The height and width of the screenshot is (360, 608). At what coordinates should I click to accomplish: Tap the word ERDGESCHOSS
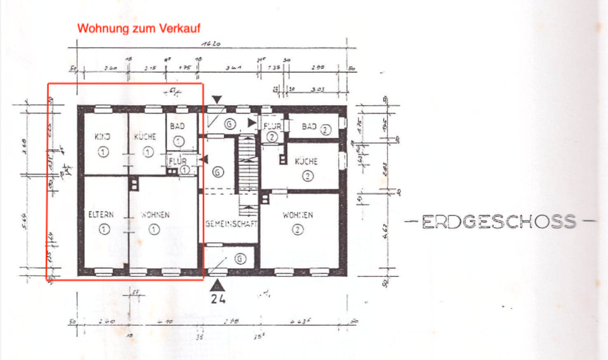(499, 222)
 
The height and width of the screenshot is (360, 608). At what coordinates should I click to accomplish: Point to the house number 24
(218, 297)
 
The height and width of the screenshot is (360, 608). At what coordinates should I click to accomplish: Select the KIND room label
(103, 137)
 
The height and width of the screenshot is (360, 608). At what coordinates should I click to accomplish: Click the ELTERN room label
(101, 215)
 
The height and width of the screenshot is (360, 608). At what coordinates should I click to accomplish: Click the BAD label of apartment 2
(310, 127)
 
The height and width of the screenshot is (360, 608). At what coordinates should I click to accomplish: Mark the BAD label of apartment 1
(177, 127)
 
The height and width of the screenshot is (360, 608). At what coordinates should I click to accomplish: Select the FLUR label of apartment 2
(272, 127)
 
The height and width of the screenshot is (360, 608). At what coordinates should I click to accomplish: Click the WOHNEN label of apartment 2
(298, 215)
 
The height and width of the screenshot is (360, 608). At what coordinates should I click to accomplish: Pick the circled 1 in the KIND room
(103, 151)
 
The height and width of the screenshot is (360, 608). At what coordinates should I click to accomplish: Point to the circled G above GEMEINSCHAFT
(217, 172)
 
